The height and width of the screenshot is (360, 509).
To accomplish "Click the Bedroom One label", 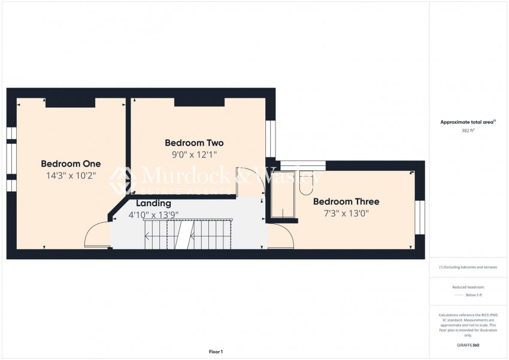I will coord(71,164).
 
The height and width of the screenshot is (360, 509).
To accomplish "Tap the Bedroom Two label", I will coord(194,143).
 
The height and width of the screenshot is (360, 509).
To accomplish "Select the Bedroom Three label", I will coord(346,202).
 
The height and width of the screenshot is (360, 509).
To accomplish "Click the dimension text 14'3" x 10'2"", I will coord(71,176).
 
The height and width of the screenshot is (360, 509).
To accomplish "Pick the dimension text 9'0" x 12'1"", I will coord(194,155).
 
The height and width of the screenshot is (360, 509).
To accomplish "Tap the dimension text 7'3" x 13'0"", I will coord(346,213).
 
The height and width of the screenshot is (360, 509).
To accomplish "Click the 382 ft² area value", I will coord(468,131).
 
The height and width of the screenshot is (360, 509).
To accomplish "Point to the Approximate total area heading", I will coord(468,122).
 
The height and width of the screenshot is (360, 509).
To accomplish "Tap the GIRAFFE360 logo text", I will coord(468,345).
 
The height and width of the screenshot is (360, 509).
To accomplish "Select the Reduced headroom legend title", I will coord(468,288).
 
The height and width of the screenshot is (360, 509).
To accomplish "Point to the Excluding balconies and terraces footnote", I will coord(468,267).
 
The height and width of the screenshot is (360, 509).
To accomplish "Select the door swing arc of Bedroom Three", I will coord(280,235).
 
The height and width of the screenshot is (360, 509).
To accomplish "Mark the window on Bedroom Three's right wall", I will coord(420,217).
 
